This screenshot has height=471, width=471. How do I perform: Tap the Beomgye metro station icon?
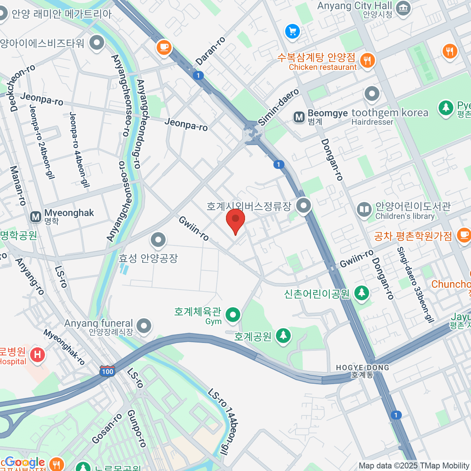tap(299, 117)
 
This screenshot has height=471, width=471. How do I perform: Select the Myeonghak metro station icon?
tap(36, 217)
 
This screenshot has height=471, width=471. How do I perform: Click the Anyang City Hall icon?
tap(403, 8)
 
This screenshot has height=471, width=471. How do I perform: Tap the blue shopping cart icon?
tap(292, 31)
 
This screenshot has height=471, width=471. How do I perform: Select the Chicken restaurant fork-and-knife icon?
tap(367, 60)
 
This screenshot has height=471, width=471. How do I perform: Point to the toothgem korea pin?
tap(372, 94)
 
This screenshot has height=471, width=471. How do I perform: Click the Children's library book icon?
tap(364, 209)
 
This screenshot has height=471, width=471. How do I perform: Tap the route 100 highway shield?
tap(107, 371)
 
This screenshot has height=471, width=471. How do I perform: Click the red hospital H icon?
tap(37, 355)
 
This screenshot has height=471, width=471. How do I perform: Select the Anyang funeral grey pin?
tap(144, 326)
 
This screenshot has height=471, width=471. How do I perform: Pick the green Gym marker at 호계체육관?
tap(233, 315)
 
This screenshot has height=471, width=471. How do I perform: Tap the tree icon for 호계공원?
tap(283, 336)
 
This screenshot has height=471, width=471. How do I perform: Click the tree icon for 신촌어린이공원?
tap(361, 292)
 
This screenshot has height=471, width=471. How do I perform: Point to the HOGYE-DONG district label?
tap(362, 368)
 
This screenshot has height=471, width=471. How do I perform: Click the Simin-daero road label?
tap(279, 107)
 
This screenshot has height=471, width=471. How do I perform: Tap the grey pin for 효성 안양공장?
tap(158, 239)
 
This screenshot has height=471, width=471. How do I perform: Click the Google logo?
tap(24, 462)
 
